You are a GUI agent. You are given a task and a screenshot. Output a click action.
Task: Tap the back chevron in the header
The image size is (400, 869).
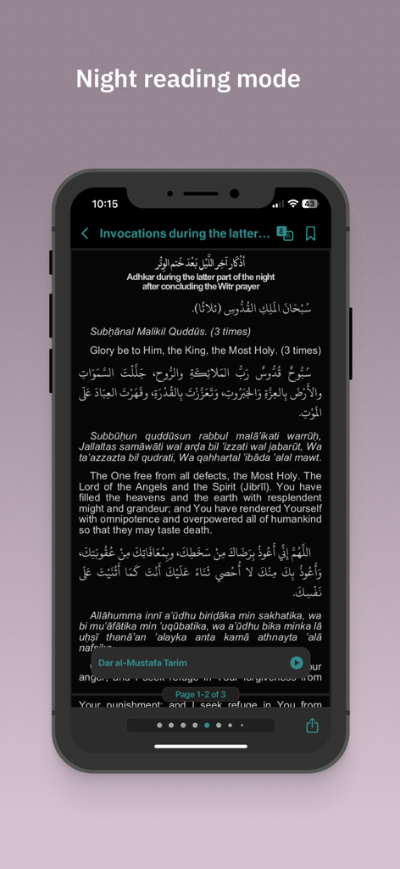click(x=85, y=233)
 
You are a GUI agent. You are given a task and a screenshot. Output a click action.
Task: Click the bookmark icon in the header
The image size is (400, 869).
click(x=310, y=233)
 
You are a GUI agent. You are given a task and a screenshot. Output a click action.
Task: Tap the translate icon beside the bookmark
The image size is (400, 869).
click(x=285, y=233)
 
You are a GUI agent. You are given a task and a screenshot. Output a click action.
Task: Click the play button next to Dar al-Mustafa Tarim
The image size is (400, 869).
click(x=296, y=663)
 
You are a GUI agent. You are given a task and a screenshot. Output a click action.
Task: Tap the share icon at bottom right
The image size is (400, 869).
click(x=312, y=726)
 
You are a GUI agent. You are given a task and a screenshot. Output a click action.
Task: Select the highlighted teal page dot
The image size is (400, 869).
click(x=207, y=726)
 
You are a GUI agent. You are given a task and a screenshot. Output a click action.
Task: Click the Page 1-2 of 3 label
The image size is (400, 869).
click(x=200, y=694)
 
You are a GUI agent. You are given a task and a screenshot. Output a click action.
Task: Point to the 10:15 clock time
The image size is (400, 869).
click(x=105, y=204)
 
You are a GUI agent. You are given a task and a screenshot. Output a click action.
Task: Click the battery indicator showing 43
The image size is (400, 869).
click(x=309, y=204)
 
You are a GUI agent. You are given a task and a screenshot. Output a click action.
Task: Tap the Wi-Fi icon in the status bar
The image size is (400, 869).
click(x=292, y=204)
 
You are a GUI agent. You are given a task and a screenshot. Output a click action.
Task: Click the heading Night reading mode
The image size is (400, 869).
click(x=188, y=80)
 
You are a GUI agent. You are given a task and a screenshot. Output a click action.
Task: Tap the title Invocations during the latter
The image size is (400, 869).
click(x=185, y=233)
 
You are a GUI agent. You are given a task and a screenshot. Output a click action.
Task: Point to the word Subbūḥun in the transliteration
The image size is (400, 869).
click(x=114, y=436)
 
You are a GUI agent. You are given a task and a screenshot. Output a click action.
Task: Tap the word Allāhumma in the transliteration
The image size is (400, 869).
click(x=118, y=614)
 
